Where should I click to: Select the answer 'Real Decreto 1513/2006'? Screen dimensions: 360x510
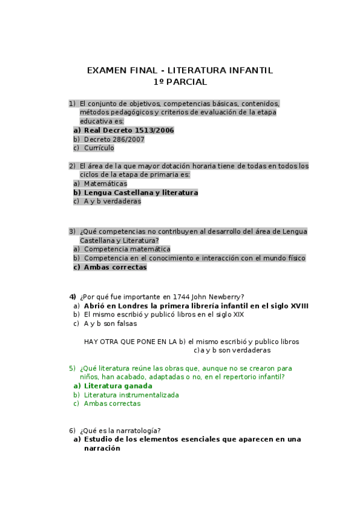coord(129,130)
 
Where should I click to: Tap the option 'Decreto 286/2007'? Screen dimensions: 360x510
coord(114,139)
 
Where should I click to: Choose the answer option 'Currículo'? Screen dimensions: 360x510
coord(99,148)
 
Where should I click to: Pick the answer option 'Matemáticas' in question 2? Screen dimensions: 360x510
coord(105,183)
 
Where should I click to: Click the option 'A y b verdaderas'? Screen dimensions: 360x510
coord(112,201)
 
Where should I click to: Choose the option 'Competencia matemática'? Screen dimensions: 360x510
coord(127,248)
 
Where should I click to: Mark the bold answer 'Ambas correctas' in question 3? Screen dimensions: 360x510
coord(115,267)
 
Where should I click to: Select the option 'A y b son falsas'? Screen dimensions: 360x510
coord(110,323)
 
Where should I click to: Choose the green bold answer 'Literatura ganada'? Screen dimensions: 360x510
coord(118,386)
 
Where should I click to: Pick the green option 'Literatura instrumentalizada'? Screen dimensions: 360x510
coord(131,395)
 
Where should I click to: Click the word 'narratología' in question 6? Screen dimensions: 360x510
coord(138,430)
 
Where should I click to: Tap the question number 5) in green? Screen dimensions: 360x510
coord(72,368)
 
